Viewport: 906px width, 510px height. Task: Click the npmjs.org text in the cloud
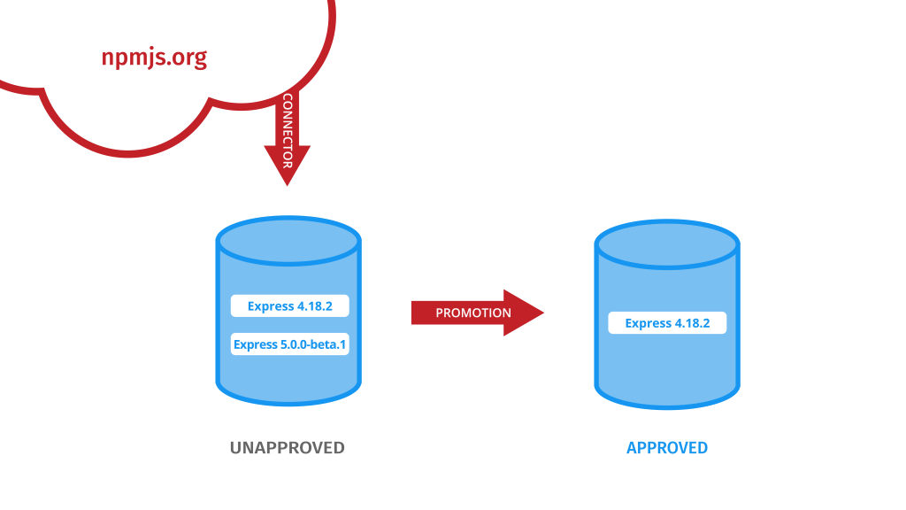[x=154, y=58]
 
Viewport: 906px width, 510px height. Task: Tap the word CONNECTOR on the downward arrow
[x=287, y=130]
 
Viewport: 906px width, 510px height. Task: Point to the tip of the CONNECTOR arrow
[x=287, y=182]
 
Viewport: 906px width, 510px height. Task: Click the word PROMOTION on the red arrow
[x=473, y=313]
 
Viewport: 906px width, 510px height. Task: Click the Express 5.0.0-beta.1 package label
[x=289, y=344]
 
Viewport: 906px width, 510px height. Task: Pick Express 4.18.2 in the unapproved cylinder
[x=289, y=306]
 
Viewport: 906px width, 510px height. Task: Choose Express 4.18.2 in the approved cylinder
[x=667, y=323]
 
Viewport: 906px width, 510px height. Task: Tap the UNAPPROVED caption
[x=287, y=448]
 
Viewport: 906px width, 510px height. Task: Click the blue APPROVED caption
[x=667, y=448]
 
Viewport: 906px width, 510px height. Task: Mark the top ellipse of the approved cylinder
[x=666, y=244]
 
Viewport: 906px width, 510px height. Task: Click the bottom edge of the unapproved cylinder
[x=288, y=402]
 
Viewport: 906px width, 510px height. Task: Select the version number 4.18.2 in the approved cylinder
[x=693, y=323]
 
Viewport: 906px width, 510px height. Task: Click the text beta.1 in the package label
[x=328, y=344]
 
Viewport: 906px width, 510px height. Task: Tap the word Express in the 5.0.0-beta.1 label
[x=255, y=344]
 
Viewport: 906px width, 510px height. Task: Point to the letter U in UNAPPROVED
[x=235, y=448]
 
